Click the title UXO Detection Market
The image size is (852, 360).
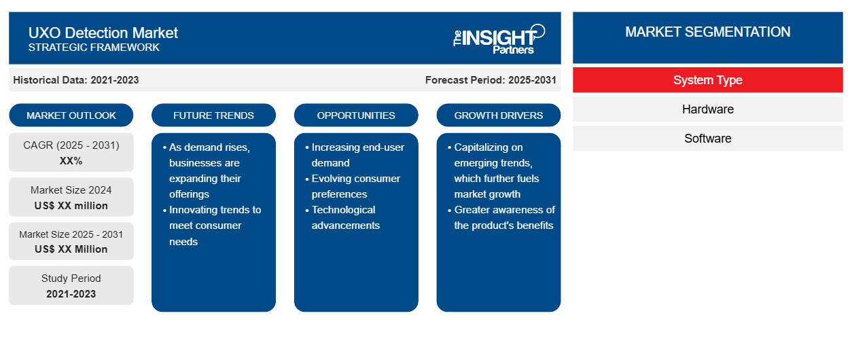coord(103,33)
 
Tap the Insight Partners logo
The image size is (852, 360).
coord(499,39)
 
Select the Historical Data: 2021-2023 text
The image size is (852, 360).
coord(76,80)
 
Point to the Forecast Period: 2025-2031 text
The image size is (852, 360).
coord(491,80)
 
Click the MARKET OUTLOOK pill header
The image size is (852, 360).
coord(71,115)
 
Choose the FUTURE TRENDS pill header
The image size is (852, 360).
coord(213,115)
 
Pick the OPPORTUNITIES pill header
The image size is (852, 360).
coord(356,115)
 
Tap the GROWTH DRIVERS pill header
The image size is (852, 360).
coord(498,115)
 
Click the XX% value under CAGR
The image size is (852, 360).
coord(71,161)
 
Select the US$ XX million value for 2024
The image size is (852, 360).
coord(71,206)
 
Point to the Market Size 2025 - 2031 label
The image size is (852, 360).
coord(71,234)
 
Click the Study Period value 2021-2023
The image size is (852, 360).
coord(71,294)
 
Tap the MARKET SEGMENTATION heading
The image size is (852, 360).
coord(707,32)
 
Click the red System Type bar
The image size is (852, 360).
coord(707,80)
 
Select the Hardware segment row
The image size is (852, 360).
coord(707,109)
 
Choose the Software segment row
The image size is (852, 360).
coord(707,139)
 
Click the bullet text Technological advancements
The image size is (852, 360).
coord(345,217)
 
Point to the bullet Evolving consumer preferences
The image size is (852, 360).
coord(355,186)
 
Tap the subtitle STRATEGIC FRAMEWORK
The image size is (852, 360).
coord(94,48)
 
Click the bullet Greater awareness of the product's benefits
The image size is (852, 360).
coord(504,217)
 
